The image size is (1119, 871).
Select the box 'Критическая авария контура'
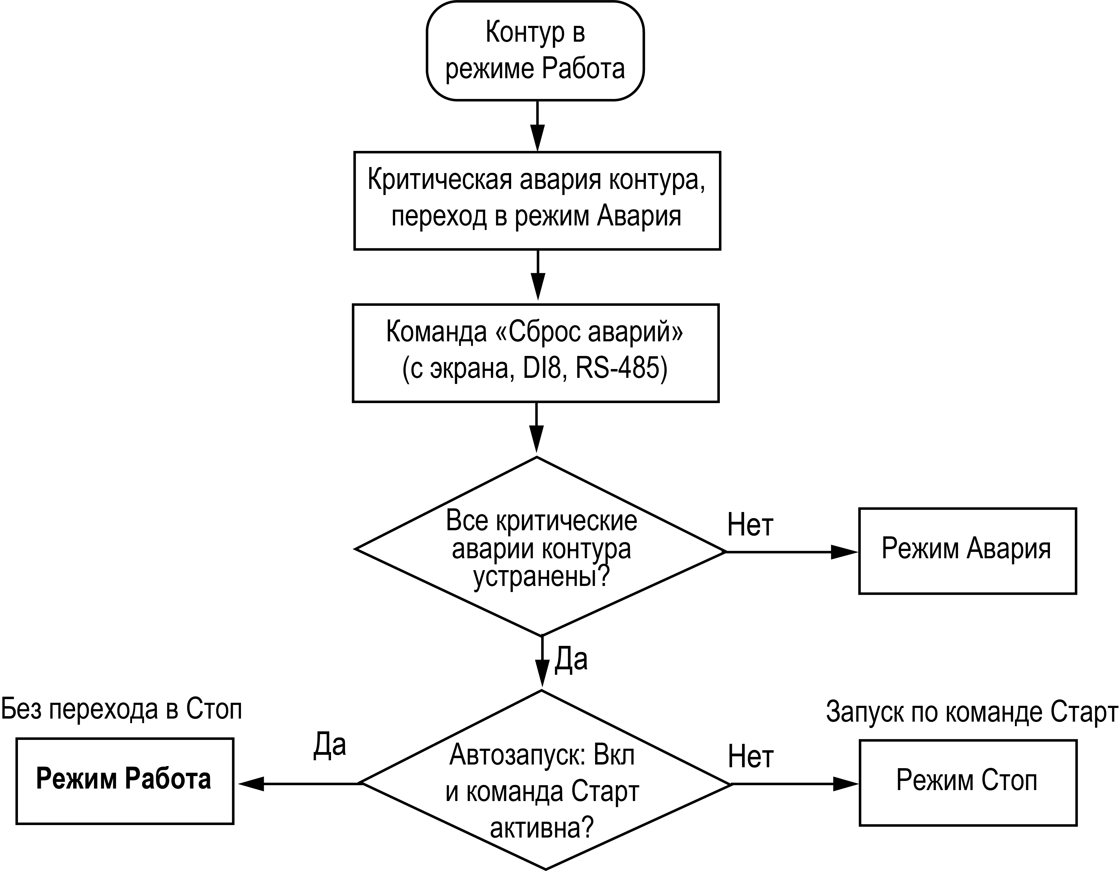pyautogui.click(x=537, y=201)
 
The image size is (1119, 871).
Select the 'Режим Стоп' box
pyautogui.click(x=968, y=783)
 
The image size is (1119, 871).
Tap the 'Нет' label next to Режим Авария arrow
pyautogui.click(x=750, y=525)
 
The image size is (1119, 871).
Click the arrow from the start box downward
pyautogui.click(x=538, y=126)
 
